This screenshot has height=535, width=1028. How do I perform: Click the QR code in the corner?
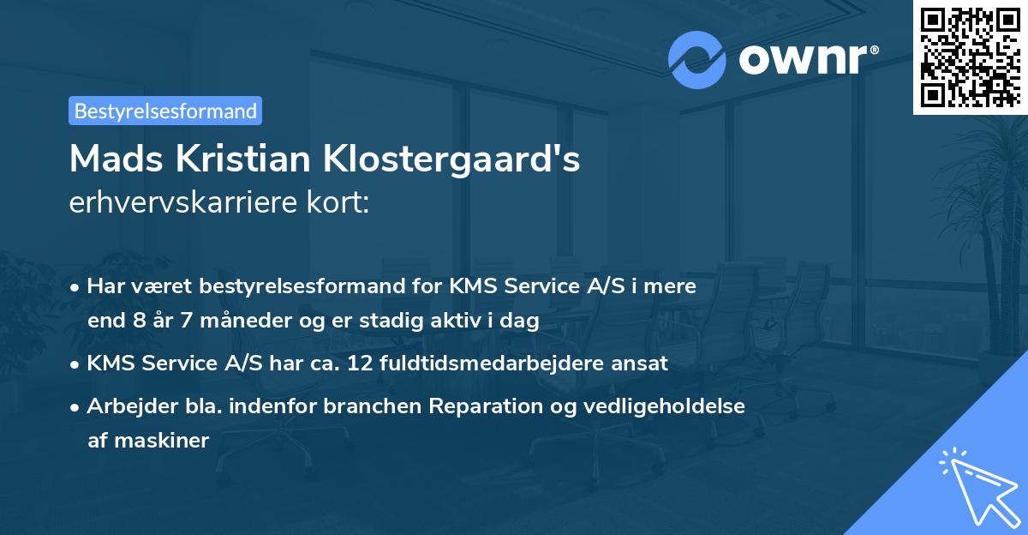tap(971, 57)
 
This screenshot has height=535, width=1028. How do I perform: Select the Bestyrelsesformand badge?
tap(165, 111)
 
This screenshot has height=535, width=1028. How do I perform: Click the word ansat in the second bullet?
tap(644, 363)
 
